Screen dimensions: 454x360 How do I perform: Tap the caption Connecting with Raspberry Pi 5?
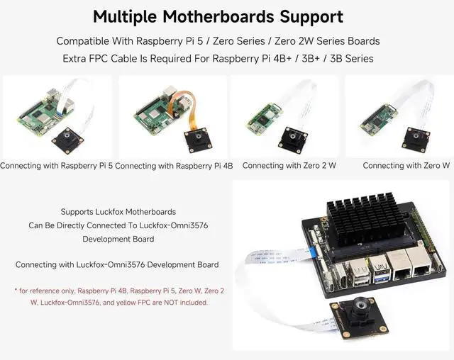pyautogui.click(x=57, y=166)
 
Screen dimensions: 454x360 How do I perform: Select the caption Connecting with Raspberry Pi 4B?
pyautogui.click(x=174, y=166)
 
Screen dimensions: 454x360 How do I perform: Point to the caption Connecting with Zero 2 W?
pyautogui.click(x=289, y=166)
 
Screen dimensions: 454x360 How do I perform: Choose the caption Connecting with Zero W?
pyautogui.click(x=406, y=166)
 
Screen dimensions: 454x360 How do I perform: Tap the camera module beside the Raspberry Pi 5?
pyautogui.click(x=68, y=138)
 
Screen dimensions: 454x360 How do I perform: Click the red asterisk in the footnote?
pyautogui.click(x=16, y=291)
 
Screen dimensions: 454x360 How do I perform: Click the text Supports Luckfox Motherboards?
pyautogui.click(x=118, y=212)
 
